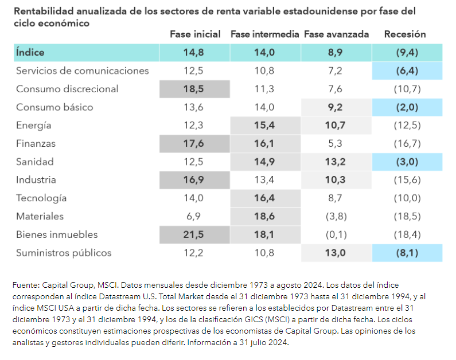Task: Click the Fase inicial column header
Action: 195,34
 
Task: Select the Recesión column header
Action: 405,34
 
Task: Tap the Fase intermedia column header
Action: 265,34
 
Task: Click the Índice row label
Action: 31,53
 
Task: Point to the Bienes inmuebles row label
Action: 57,234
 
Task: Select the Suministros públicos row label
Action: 64,253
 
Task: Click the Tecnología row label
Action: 41,198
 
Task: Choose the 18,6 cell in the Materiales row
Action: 264,217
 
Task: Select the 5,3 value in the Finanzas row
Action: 336,144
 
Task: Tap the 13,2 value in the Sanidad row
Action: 336,162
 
